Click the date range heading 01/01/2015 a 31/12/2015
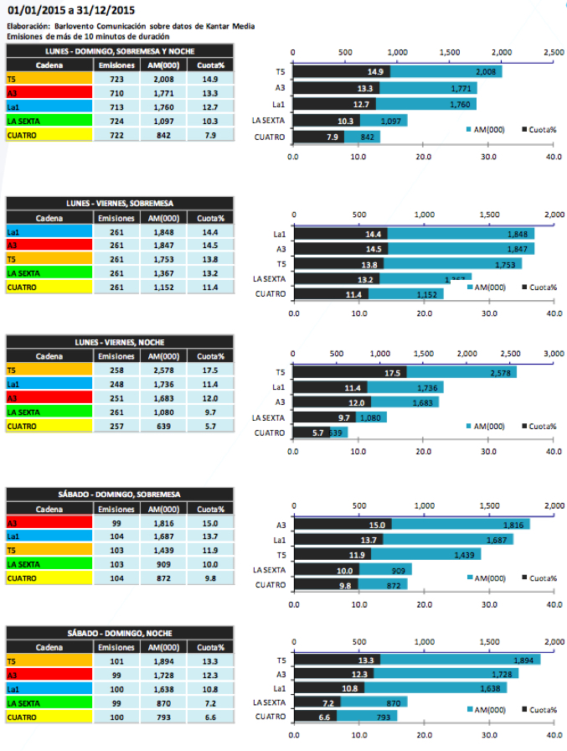71,11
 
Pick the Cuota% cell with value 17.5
204,370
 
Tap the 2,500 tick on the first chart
553,53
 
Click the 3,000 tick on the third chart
553,353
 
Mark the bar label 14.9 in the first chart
374,72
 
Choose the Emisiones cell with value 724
111,122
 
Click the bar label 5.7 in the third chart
317,432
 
